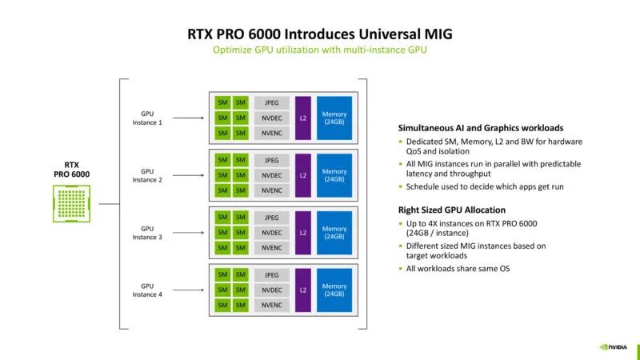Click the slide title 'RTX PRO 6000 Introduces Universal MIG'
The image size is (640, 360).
point(319,34)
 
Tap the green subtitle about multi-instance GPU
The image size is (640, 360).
point(319,50)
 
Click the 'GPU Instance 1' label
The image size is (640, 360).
point(147,118)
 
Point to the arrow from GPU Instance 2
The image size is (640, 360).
point(190,175)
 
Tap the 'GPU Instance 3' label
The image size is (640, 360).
point(147,232)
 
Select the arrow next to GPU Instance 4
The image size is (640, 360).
point(190,290)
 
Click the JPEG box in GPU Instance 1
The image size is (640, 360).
point(272,103)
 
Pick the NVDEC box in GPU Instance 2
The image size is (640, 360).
point(272,175)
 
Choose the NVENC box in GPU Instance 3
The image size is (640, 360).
point(272,248)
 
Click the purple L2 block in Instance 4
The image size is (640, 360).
point(302,290)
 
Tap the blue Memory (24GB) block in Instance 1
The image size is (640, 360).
point(334,118)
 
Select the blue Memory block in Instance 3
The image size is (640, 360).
point(334,233)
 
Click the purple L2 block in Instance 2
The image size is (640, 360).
point(302,175)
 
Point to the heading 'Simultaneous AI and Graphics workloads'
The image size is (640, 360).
point(481,128)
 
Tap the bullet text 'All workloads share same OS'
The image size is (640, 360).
point(458,269)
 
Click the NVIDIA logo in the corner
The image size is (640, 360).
point(614,347)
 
